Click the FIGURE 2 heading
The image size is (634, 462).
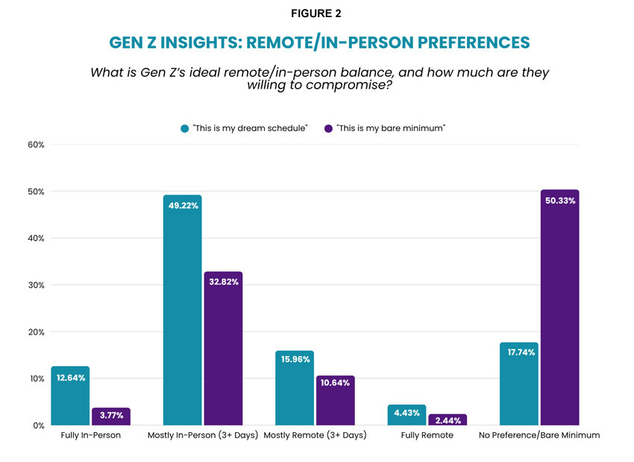(316, 13)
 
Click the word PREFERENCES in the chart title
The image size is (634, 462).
(467, 42)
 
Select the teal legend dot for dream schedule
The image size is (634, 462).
(184, 128)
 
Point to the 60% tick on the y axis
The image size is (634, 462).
(36, 145)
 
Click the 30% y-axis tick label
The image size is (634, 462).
(36, 285)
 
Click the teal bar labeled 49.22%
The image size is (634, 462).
(182, 313)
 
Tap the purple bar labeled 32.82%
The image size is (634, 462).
(223, 350)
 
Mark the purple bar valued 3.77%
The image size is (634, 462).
(110, 417)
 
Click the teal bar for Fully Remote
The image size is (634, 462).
(407, 416)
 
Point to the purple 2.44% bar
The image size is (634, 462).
(448, 420)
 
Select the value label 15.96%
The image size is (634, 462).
(294, 359)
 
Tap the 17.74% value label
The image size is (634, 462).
(518, 351)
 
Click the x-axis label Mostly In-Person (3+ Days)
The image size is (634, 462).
(202, 435)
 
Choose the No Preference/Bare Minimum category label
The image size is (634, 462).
(539, 435)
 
